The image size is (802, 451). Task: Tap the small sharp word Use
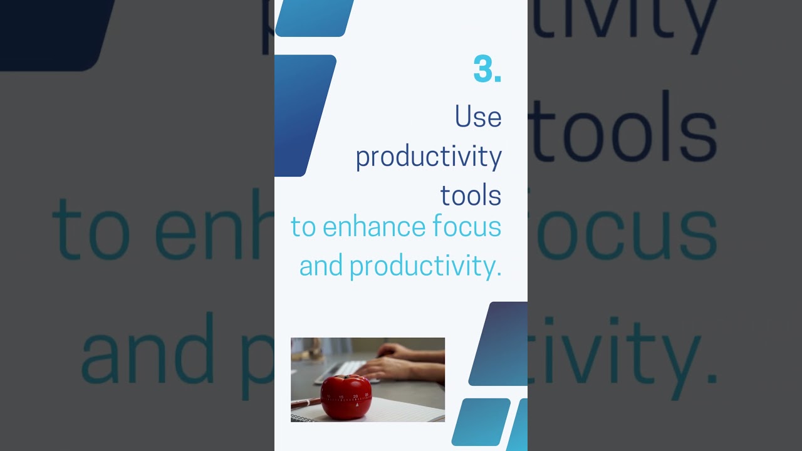click(x=478, y=117)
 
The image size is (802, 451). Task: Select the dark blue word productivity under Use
click(x=429, y=157)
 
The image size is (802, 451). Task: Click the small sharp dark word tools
click(x=471, y=195)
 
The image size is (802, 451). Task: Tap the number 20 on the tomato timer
click(x=355, y=397)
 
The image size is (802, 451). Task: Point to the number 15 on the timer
click(x=341, y=397)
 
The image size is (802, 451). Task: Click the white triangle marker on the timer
click(x=357, y=405)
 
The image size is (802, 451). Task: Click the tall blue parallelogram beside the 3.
click(x=304, y=116)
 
